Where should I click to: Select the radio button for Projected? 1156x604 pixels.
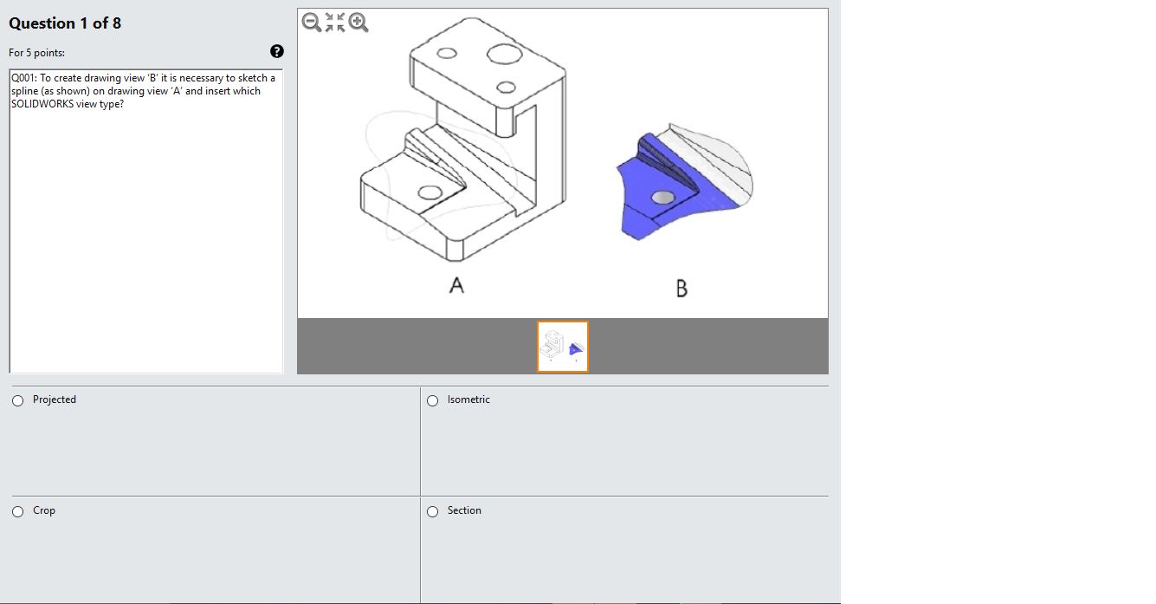(18, 401)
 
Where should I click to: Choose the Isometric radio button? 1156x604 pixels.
(432, 401)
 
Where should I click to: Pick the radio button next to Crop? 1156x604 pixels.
(18, 511)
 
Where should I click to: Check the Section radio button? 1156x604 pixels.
(432, 511)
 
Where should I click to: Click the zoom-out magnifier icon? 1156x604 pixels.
(311, 23)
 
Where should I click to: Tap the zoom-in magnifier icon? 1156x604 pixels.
(358, 23)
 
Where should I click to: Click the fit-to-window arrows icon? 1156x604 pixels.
(335, 23)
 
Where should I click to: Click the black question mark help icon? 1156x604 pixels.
(276, 51)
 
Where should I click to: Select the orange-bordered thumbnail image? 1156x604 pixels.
(563, 347)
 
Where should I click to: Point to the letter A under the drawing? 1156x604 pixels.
(456, 285)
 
